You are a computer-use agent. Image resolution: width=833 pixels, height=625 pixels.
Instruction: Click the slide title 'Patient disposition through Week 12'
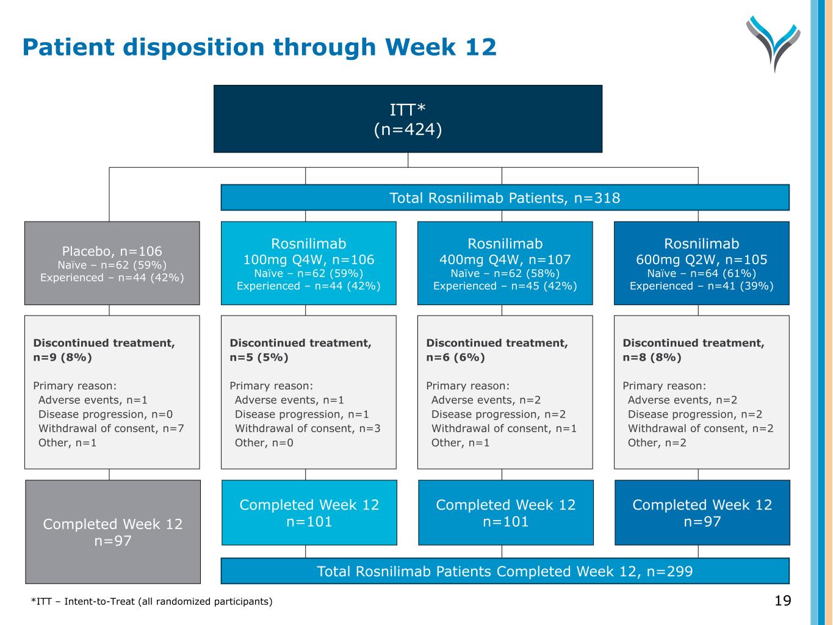coord(259,47)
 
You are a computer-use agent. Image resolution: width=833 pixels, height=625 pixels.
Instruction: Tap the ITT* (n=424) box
coord(408,119)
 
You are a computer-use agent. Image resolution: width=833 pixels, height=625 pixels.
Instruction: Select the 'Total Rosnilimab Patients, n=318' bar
coord(505,198)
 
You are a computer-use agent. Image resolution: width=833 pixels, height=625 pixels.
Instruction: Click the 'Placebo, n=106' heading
coord(112,251)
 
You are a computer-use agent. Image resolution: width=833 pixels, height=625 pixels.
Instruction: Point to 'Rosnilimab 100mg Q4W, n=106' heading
coord(308,251)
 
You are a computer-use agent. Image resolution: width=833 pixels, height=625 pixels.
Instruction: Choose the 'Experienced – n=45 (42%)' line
coord(505,286)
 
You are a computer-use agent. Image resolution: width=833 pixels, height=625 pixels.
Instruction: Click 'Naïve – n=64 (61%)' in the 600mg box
coord(701,273)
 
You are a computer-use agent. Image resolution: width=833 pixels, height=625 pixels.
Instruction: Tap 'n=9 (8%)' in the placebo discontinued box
coord(62,357)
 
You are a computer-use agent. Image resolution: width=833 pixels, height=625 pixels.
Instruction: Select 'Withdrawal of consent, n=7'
coord(111,428)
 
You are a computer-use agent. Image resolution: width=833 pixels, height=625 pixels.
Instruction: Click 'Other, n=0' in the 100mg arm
coord(264,443)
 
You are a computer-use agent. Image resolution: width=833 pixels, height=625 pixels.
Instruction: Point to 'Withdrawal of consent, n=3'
coord(308,428)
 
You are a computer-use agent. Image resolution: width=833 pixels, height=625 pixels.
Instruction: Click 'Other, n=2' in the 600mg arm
coord(657,443)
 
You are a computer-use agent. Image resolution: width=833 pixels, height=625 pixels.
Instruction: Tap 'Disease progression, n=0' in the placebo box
coord(106,414)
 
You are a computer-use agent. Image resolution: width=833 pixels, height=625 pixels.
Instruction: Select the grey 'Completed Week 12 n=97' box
coord(113,532)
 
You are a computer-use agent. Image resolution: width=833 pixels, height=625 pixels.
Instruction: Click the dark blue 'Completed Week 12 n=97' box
coord(702,513)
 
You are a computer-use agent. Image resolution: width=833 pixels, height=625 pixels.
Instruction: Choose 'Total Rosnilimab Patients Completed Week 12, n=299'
coord(505,571)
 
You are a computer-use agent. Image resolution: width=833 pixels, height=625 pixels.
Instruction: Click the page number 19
coord(782,601)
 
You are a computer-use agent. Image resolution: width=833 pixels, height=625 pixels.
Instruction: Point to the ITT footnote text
coord(152,602)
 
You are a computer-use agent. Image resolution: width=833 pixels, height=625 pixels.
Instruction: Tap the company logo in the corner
coord(773,43)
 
